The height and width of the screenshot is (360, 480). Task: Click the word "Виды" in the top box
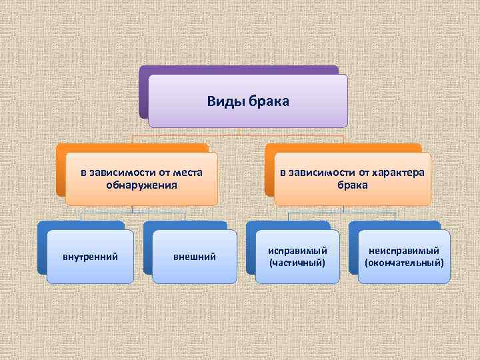click(x=225, y=101)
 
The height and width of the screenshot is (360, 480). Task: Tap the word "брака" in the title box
click(x=269, y=101)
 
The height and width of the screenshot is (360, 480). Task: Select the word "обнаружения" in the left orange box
click(x=141, y=185)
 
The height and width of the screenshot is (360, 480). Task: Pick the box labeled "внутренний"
click(x=90, y=257)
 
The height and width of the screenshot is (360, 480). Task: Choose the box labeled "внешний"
click(x=195, y=257)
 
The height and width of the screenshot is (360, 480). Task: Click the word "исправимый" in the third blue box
click(x=297, y=251)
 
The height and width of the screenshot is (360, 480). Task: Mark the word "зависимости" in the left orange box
click(x=123, y=173)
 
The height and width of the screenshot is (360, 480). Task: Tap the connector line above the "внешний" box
click(x=185, y=216)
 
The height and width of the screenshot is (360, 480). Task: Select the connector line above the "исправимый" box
click(x=288, y=216)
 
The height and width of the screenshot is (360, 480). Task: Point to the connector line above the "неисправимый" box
click(x=395, y=216)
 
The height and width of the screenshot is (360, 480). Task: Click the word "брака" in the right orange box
click(x=353, y=185)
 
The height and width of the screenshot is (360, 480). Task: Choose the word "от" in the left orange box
click(x=161, y=173)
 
